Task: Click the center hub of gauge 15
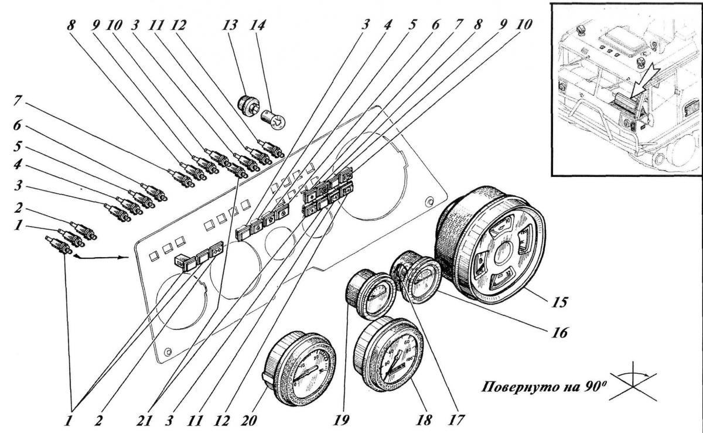pos(500,253)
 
